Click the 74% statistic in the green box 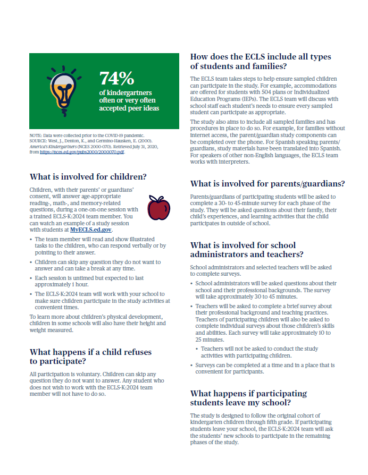(x=116, y=78)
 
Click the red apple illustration (x=158, y=208)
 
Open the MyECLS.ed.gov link (x=91, y=230)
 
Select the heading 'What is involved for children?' (x=88, y=177)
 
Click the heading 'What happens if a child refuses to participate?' (x=90, y=357)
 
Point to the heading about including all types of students (x=261, y=61)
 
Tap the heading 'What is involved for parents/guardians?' (x=267, y=184)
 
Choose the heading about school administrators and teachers (x=250, y=250)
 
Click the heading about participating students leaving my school (x=248, y=398)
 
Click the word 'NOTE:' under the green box (x=36, y=137)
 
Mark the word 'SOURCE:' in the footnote (x=39, y=141)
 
